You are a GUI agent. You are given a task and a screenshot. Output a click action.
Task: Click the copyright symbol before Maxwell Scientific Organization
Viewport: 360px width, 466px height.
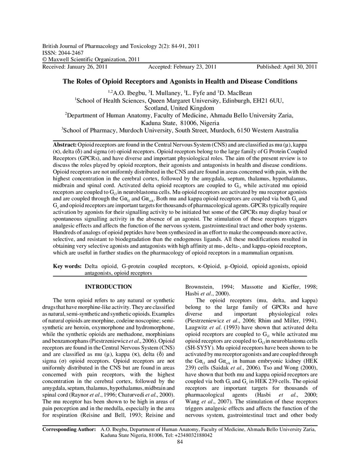tap(45, 60)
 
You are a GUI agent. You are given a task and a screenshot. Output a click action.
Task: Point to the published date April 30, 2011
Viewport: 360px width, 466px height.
tap(299, 66)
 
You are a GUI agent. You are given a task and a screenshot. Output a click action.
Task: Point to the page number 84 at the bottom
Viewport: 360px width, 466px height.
tap(180, 442)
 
